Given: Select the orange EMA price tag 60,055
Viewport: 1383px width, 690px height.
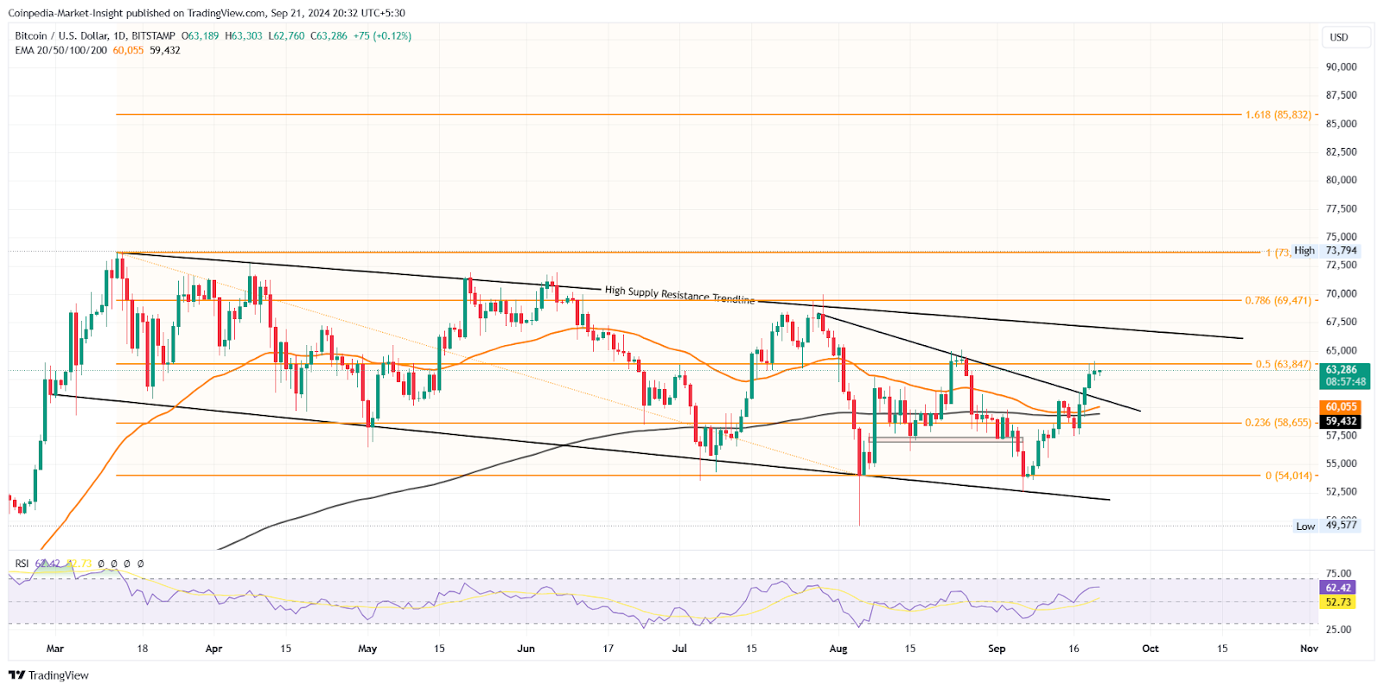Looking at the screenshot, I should coord(1341,406).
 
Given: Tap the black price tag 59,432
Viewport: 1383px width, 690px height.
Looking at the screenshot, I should coord(1341,422).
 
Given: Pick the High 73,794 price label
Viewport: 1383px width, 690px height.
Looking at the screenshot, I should coord(1326,251).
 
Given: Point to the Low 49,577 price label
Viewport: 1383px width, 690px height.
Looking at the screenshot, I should coord(1326,526).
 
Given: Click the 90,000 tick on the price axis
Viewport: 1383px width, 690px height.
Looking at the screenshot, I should coord(1341,67).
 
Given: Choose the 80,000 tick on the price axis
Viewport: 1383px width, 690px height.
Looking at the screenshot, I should coord(1341,180).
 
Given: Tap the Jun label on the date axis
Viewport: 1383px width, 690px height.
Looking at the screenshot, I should coord(526,648).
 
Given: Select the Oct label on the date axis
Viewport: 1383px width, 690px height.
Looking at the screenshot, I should coord(1150,648).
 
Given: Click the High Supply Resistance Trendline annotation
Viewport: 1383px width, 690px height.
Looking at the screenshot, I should coord(679,295).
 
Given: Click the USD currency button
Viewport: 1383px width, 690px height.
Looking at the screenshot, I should coord(1339,37).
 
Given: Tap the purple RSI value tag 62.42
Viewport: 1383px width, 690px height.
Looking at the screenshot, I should coord(1338,588).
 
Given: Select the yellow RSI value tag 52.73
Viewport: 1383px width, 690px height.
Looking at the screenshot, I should coord(1338,602).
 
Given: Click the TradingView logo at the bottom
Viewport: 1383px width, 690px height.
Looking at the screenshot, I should coord(49,675).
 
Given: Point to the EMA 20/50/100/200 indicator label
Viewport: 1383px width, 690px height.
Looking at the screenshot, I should coord(61,50).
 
